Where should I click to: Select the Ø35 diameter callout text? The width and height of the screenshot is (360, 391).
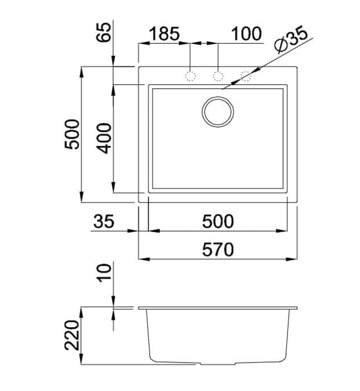click(290, 39)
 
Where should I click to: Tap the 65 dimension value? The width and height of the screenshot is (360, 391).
click(103, 32)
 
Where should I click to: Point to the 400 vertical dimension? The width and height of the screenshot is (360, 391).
click(104, 139)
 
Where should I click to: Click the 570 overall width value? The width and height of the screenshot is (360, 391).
click(218, 250)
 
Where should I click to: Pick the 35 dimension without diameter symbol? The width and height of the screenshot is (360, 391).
click(104, 221)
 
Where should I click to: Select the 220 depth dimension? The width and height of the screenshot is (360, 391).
click(72, 335)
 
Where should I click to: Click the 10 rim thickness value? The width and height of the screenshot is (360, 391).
click(104, 273)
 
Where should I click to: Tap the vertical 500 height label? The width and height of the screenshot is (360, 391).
click(72, 135)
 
